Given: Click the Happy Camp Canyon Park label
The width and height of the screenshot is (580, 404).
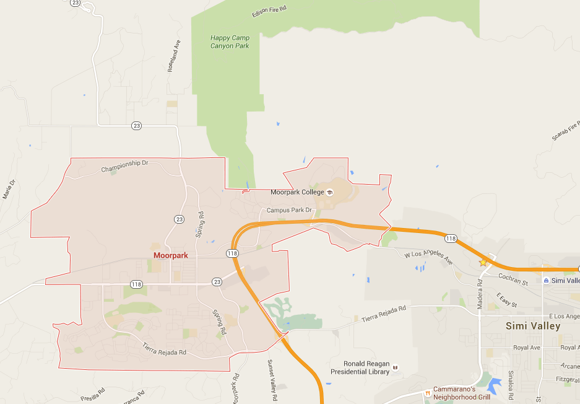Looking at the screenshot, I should coord(230,42).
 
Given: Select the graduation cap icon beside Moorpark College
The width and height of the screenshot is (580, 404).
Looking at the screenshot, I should coord(330,192).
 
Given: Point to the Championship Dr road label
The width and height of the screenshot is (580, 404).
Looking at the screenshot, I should coord(125,168).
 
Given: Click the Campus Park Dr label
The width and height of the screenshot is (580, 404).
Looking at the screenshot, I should coord(289,210).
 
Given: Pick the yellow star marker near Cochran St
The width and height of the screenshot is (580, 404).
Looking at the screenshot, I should coord(483,263).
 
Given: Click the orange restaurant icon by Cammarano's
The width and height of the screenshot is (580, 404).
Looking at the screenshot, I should coord(427,392).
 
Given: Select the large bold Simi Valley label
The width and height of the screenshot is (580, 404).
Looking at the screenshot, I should coord(533,326).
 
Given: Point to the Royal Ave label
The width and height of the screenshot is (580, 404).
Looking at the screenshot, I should coord(527,348).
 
